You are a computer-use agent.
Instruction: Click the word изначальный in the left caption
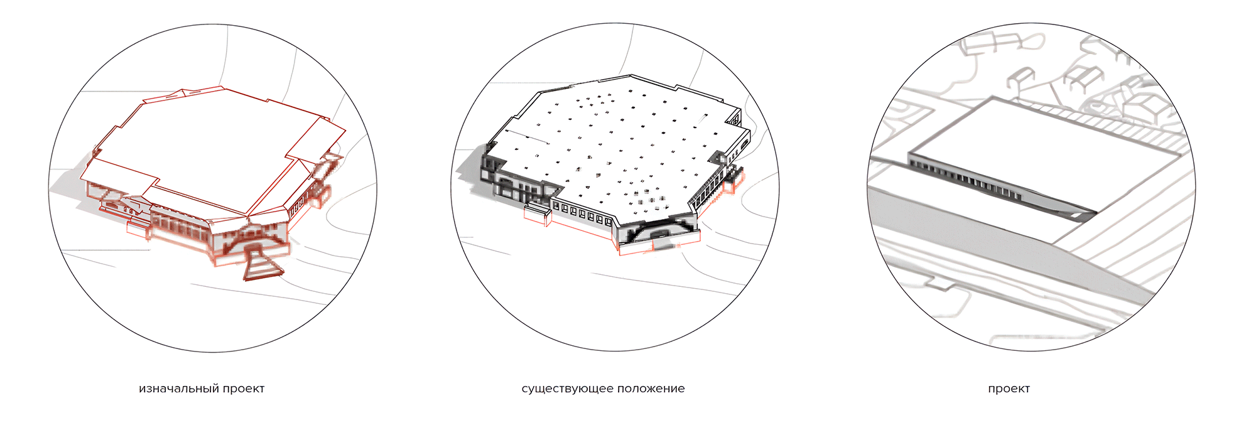coord(179,389)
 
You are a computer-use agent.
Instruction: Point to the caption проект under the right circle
coord(1009,389)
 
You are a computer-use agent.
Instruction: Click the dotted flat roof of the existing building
coord(615,144)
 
